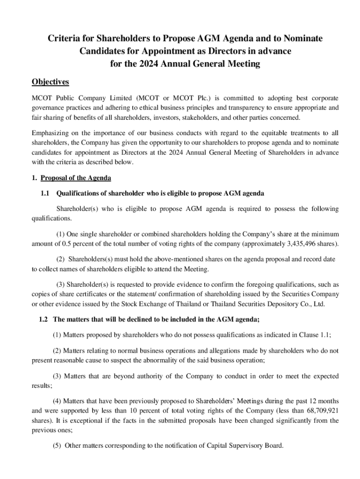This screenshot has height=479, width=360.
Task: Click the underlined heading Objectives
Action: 50,82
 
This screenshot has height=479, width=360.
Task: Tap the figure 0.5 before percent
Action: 70,244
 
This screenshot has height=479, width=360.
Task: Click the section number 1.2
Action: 43,319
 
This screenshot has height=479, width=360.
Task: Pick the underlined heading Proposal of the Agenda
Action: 76,178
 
